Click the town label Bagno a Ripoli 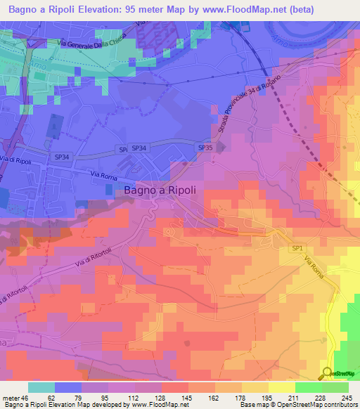coord(160,189)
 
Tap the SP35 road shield coord(205,148)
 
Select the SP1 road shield coord(298,248)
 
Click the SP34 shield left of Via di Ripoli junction coord(63,157)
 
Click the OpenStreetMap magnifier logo coord(326,372)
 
